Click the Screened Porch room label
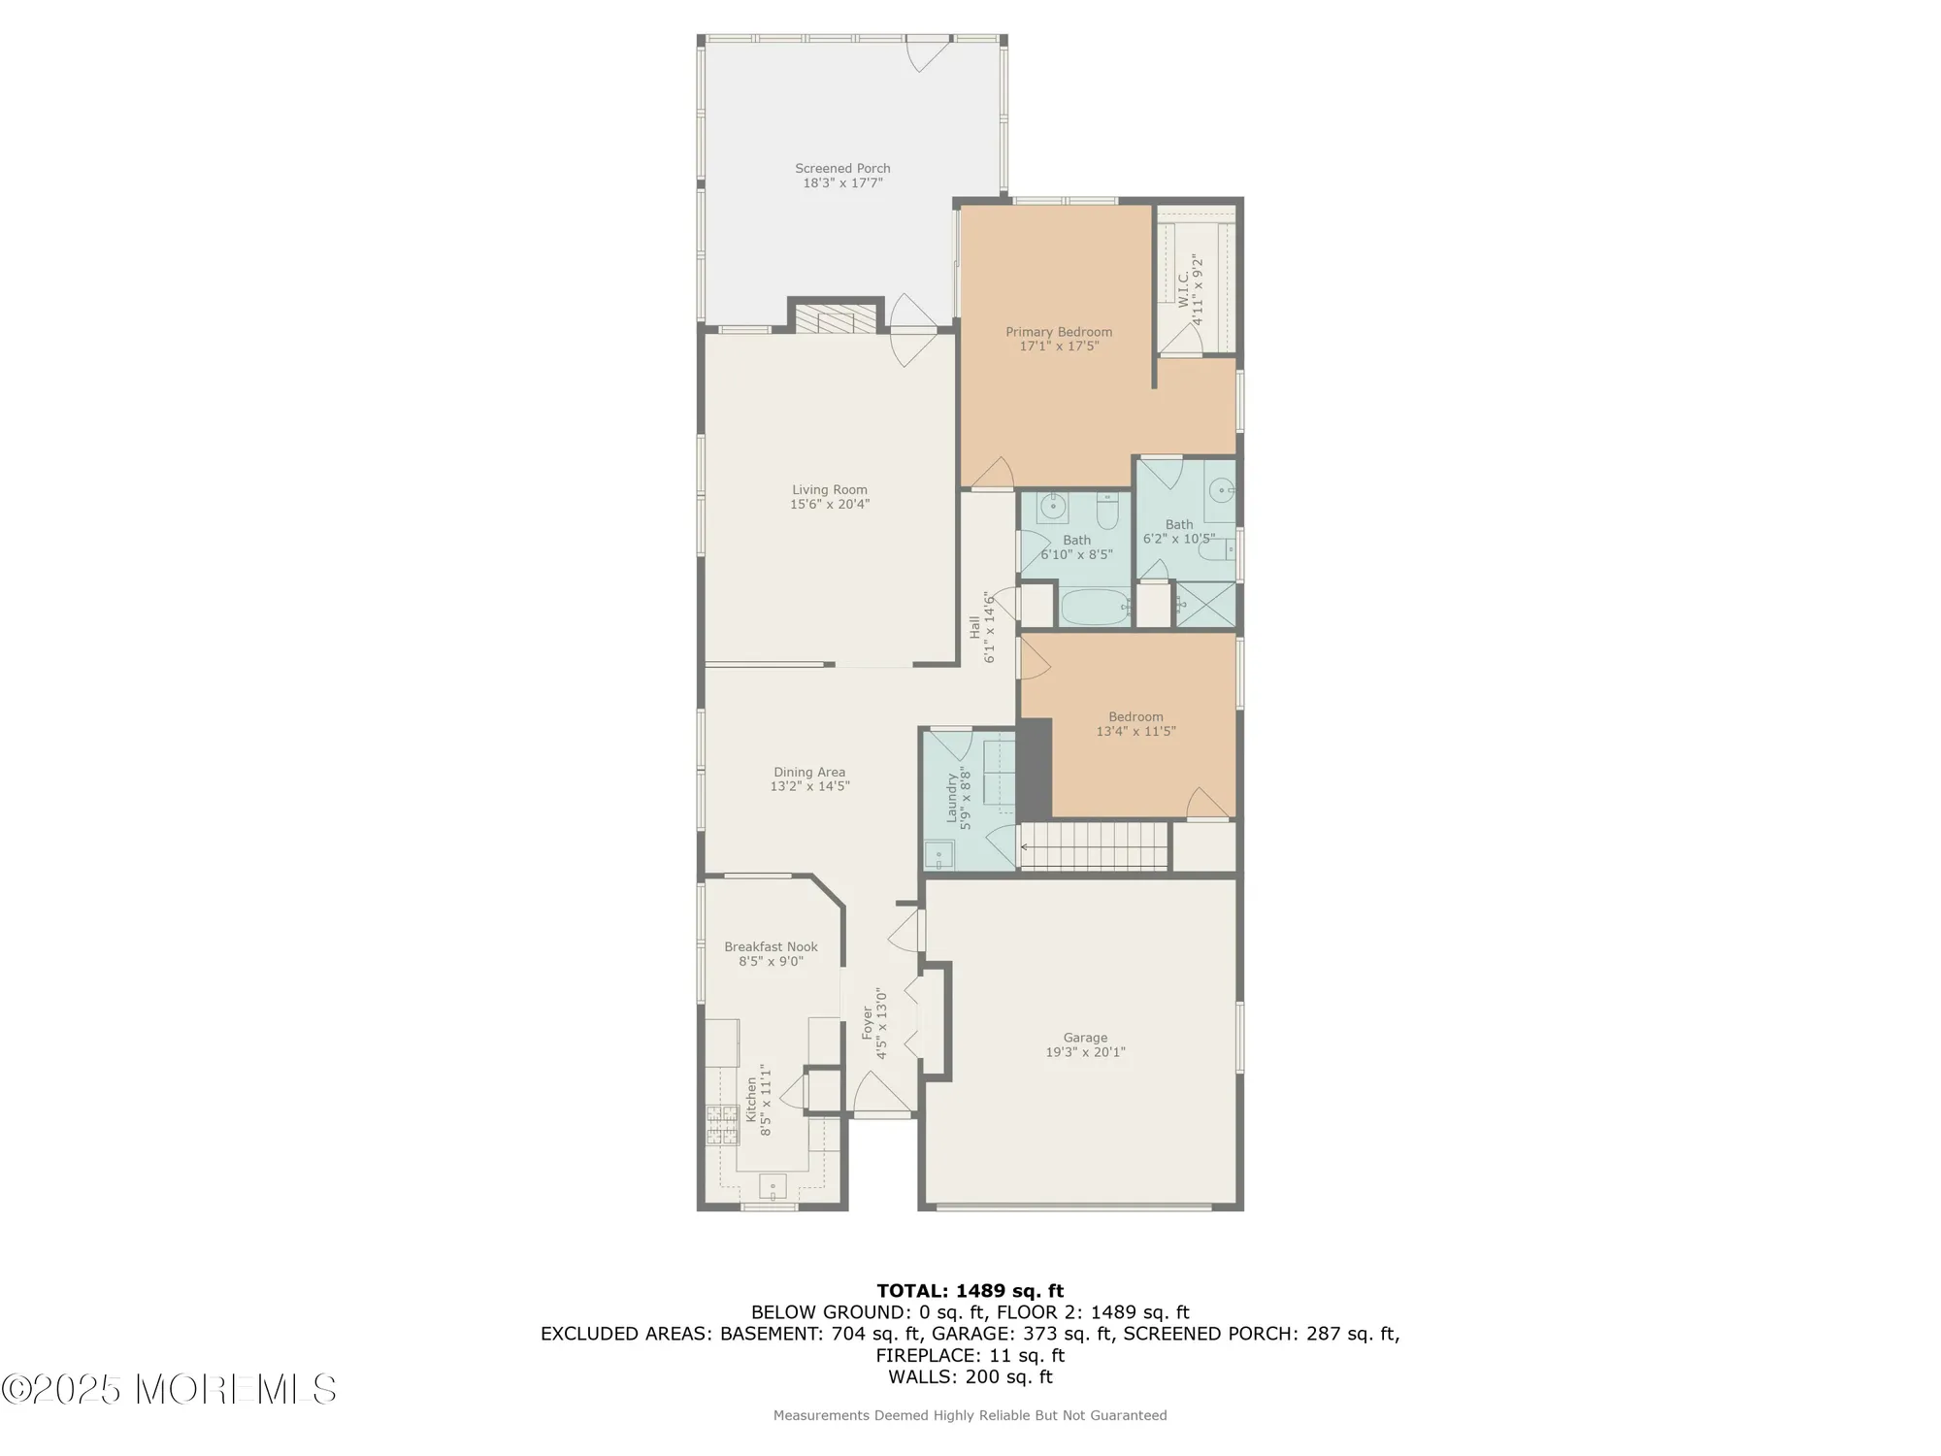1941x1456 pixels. (x=842, y=169)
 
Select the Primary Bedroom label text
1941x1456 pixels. (x=1059, y=332)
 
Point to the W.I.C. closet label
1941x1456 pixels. (x=1184, y=289)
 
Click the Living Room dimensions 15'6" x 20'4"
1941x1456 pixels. (x=830, y=505)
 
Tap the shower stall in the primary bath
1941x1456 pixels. (x=1206, y=604)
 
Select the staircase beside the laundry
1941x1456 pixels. (x=1094, y=845)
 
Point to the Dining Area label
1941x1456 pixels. (x=809, y=773)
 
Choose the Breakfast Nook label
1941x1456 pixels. (x=771, y=947)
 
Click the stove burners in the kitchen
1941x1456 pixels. (x=722, y=1125)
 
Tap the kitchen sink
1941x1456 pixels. (x=773, y=1186)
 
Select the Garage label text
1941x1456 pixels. (x=1085, y=1038)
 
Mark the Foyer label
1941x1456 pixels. (x=868, y=1023)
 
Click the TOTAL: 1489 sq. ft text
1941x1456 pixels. (x=970, y=1291)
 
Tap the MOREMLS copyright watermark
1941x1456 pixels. (x=170, y=1390)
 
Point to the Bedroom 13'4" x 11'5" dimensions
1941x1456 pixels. (x=1135, y=732)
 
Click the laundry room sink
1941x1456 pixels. (x=938, y=855)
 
